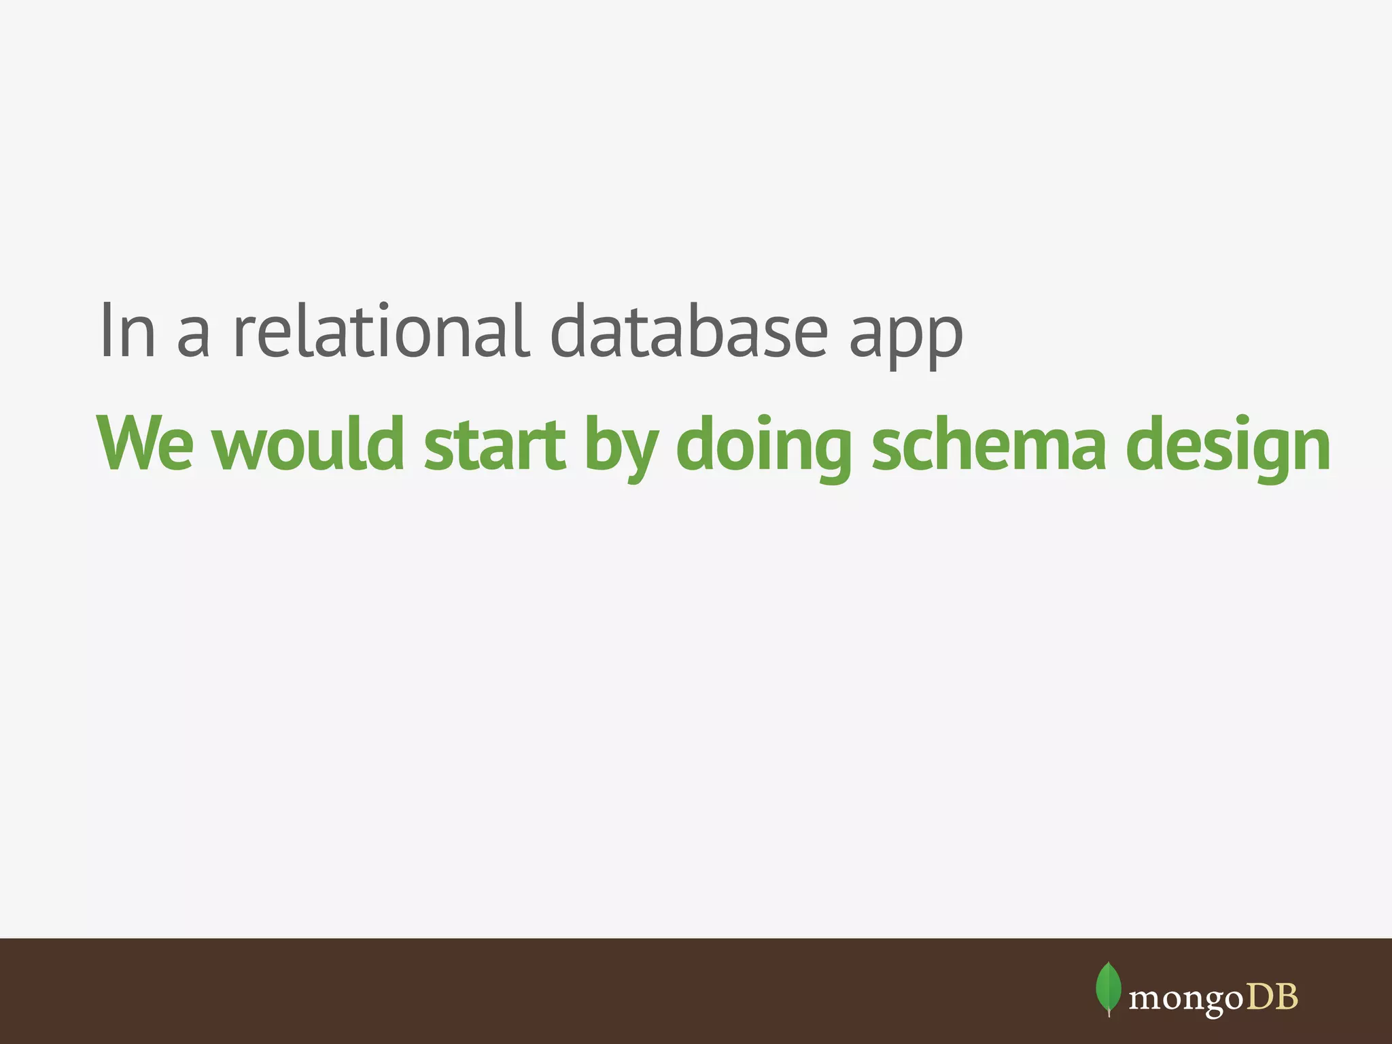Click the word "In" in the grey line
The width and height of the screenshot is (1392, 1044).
pyautogui.click(x=128, y=331)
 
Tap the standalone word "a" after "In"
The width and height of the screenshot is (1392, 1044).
pyautogui.click(x=192, y=338)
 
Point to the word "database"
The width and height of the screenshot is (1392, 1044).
pyautogui.click(x=689, y=331)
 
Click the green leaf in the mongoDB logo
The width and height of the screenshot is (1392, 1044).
pyautogui.click(x=1109, y=988)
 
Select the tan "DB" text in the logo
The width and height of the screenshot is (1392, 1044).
pyautogui.click(x=1271, y=996)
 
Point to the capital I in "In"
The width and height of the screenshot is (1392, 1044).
pyautogui.click(x=105, y=331)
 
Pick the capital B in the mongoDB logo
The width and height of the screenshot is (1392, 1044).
pyautogui.click(x=1286, y=996)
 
